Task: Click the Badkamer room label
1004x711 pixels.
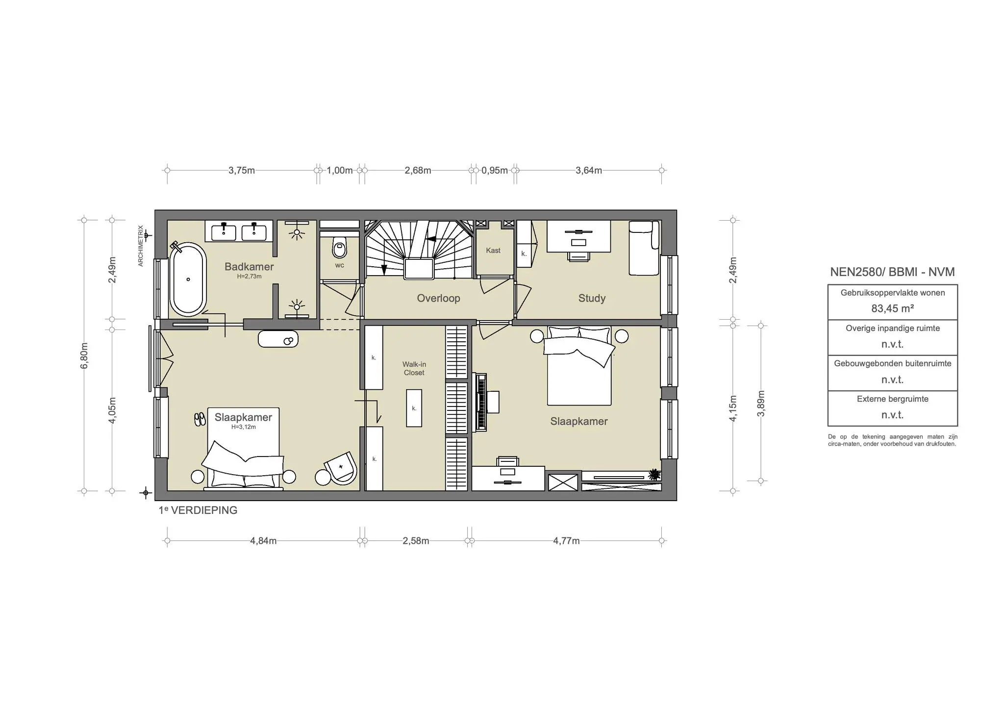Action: pos(249,267)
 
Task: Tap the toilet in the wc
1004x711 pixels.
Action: pos(339,248)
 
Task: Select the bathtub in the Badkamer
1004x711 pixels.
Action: pos(188,279)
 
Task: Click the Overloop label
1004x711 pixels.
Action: pos(438,298)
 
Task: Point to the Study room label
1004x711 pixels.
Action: pos(592,298)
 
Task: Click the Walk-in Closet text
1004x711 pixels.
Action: pos(414,368)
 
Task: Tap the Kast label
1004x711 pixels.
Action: pos(493,251)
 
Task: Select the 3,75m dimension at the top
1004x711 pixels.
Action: pos(242,171)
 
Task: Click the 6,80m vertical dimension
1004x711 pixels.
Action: pos(84,355)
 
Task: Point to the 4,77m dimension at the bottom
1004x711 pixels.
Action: pos(566,541)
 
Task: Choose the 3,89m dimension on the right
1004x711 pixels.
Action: pos(761,403)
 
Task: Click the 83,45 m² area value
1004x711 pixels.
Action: pos(892,309)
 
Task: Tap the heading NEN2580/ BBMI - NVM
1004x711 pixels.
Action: pos(892,272)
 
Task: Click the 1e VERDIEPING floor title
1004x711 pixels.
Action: pos(198,510)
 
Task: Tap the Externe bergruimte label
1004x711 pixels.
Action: pos(892,399)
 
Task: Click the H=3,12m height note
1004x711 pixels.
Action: pos(244,427)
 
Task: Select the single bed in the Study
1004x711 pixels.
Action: pos(644,248)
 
